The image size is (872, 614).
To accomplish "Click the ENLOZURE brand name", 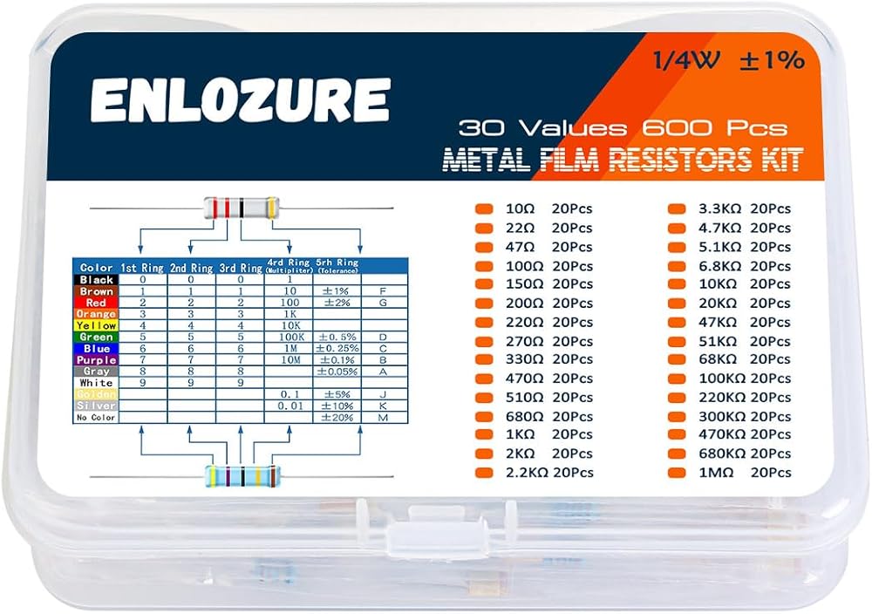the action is tap(240, 101).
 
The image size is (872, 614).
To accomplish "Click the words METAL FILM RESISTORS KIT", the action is tap(623, 160).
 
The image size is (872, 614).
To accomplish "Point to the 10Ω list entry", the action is tap(521, 209).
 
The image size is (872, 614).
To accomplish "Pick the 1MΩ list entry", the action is tap(717, 472).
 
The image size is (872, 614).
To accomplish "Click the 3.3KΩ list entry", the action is tap(720, 209).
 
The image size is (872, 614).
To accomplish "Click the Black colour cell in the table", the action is tap(95, 279).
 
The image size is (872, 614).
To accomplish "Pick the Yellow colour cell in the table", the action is tap(95, 325).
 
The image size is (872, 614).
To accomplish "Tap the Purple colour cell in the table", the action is tap(95, 359).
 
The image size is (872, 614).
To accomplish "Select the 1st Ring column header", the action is tap(142, 268).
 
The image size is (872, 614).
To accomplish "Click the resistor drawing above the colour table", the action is tap(241, 208).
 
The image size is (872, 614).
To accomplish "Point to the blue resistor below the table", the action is tap(242, 476).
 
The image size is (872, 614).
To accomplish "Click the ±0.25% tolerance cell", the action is tap(337, 348).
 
